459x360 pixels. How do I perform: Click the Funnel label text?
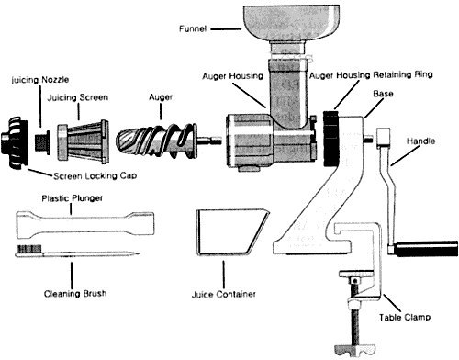193,29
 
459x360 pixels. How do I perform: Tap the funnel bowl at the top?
291,22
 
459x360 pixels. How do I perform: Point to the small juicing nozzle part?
42,142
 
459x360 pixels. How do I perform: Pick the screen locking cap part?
15,142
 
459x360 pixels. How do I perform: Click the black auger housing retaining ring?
331,139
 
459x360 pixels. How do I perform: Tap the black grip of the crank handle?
426,249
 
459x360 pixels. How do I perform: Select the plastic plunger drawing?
85,225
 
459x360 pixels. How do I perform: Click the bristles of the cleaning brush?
29,249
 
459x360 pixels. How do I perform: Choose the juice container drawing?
232,231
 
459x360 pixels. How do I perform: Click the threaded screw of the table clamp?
355,314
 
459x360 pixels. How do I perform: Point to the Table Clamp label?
405,317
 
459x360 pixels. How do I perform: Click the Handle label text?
420,141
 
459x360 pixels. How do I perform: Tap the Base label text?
383,94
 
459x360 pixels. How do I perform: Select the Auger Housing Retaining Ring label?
371,75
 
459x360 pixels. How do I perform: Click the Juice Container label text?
224,295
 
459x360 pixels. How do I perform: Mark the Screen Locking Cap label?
95,176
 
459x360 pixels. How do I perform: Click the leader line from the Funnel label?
226,29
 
